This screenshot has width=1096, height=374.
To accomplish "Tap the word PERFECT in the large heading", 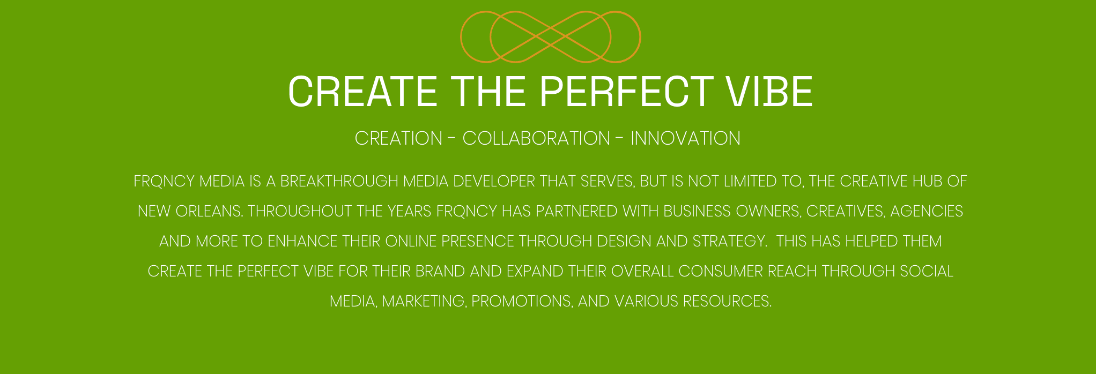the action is (626, 92).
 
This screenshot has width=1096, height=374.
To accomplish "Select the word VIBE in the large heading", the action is (770, 92).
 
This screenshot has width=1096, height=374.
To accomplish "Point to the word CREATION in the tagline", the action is (398, 138).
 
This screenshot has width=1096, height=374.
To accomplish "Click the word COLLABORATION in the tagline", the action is (536, 138).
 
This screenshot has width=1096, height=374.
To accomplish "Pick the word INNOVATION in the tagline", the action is (686, 138).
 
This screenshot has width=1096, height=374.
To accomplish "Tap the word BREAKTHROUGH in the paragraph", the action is (339, 181).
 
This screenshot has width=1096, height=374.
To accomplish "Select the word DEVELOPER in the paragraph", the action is (494, 181).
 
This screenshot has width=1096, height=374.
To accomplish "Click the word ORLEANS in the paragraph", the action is (209, 211).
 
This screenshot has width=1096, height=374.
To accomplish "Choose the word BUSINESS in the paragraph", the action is (697, 211).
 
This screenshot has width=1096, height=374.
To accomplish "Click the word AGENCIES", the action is (927, 211).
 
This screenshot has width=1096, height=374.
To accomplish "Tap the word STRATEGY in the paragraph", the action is (729, 241).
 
